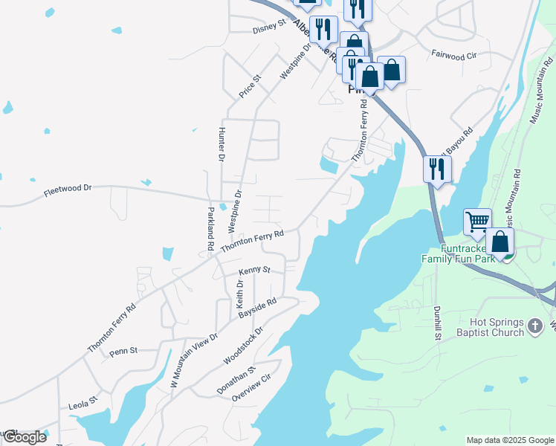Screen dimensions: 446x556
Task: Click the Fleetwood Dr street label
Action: pyautogui.click(x=67, y=189)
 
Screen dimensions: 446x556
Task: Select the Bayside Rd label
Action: pyautogui.click(x=258, y=308)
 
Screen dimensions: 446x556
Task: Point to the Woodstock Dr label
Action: pyautogui.click(x=244, y=346)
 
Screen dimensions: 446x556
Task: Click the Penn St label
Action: pyautogui.click(x=124, y=350)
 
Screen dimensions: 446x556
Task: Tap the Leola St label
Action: pyautogui.click(x=83, y=403)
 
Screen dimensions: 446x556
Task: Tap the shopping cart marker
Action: pyautogui.click(x=477, y=221)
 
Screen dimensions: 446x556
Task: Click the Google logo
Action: pyautogui.click(x=25, y=436)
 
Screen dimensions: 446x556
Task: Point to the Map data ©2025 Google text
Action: pyautogui.click(x=509, y=440)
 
